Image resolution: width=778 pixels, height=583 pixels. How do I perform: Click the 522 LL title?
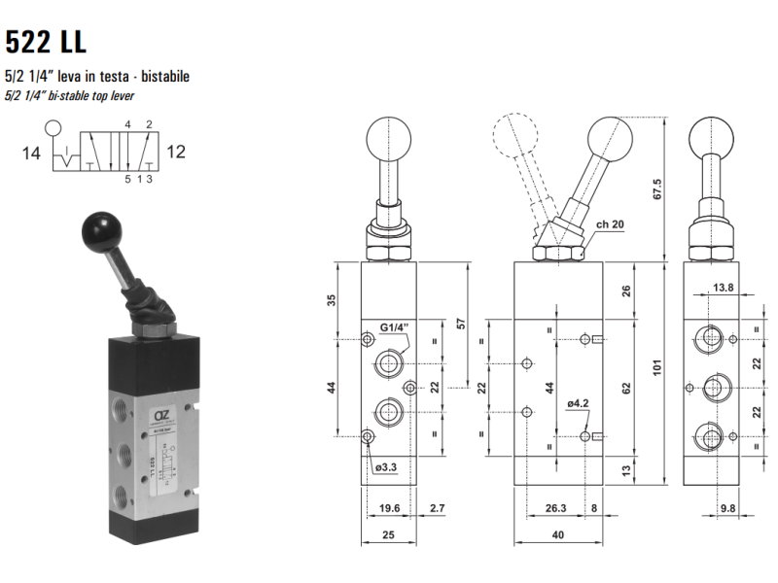46,41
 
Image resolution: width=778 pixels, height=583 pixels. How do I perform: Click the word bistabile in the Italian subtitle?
165,77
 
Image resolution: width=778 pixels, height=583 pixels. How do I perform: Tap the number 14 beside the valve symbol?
31,154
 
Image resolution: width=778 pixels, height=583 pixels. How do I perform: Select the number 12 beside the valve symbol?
176,152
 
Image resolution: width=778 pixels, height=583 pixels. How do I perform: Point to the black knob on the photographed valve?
101,231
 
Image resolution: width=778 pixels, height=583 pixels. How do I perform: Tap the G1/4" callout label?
395,327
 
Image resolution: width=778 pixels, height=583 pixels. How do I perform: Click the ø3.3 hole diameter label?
386,467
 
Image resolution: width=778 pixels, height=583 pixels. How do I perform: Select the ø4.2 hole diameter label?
578,403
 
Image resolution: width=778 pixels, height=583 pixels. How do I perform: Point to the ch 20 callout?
610,224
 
